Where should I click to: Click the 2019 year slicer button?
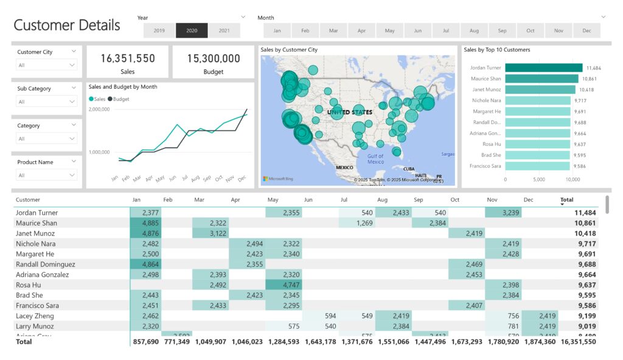click(x=159, y=30)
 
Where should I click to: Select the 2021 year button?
click(x=224, y=30)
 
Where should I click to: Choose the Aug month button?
click(x=474, y=30)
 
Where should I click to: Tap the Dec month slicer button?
click(x=586, y=30)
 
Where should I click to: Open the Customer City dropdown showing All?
click(x=47, y=65)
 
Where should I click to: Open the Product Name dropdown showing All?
click(x=47, y=175)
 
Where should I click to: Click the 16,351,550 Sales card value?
click(x=128, y=58)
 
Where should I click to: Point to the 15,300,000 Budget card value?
click(x=213, y=58)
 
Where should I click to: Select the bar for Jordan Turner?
click(x=543, y=68)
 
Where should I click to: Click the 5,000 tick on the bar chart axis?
click(x=539, y=180)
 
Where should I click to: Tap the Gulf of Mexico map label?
click(x=375, y=159)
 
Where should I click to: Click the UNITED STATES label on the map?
click(x=350, y=112)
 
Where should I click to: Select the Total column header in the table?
click(x=566, y=199)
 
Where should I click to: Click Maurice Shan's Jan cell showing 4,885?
click(x=146, y=223)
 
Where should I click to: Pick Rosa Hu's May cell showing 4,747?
click(x=284, y=285)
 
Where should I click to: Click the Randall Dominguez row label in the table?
click(x=46, y=265)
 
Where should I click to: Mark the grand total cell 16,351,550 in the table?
click(x=577, y=342)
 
